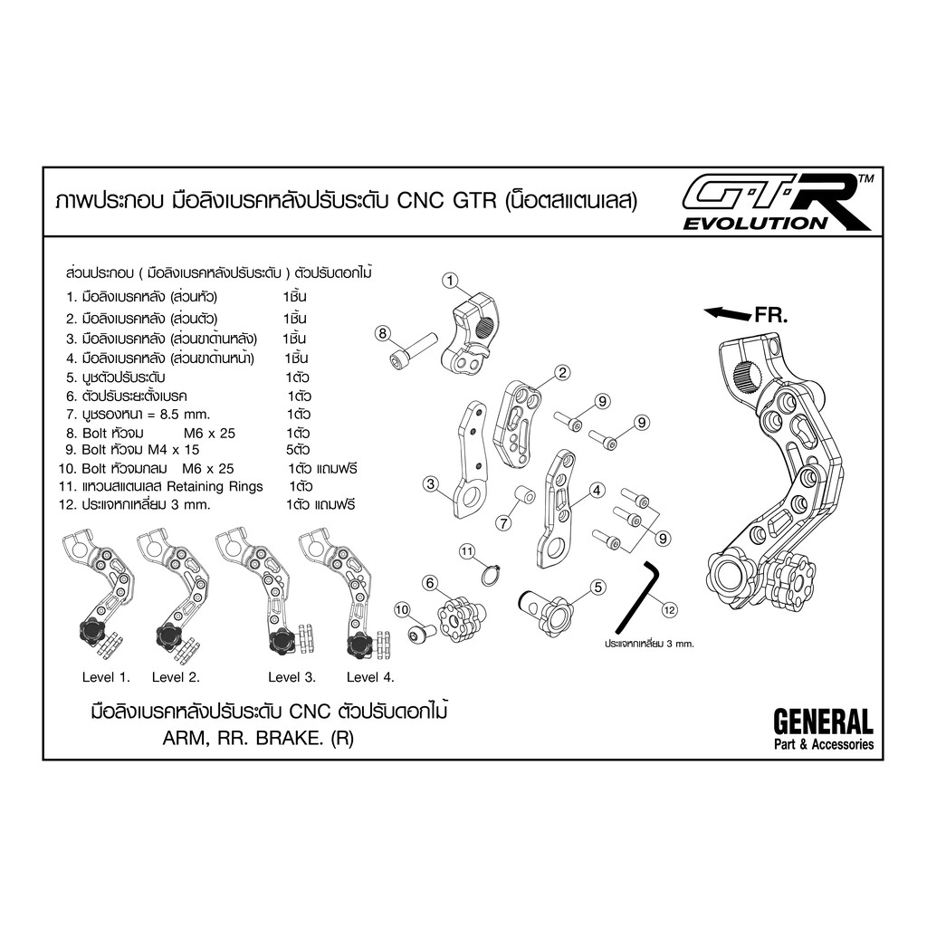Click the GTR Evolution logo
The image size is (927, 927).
(777, 202)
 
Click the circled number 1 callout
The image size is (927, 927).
(451, 281)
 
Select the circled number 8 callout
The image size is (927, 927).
(383, 333)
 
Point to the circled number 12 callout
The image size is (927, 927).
(669, 609)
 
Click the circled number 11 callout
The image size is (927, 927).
(467, 552)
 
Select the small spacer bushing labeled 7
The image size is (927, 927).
(523, 495)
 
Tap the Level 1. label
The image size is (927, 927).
(106, 677)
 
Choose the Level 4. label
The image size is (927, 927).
(370, 677)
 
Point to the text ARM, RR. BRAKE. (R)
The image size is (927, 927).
(258, 739)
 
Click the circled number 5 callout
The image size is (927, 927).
(598, 587)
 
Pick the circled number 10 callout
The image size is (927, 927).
(401, 609)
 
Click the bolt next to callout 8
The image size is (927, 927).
(413, 350)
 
